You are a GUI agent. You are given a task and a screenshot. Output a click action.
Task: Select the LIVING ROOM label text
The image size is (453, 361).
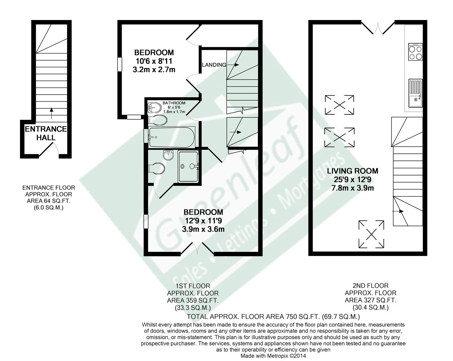(352, 171)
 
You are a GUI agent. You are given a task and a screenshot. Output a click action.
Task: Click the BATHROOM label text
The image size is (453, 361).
(174, 103)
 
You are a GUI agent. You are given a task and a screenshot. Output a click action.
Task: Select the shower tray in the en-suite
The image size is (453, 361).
(188, 166)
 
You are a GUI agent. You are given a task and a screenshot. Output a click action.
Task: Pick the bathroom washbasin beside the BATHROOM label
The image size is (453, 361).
(154, 108)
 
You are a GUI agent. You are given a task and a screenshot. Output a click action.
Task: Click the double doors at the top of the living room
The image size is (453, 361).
(378, 28)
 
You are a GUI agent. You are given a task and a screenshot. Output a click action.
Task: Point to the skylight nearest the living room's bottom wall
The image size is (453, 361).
(371, 234)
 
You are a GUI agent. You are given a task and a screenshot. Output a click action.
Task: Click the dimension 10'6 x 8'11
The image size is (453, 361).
(154, 61)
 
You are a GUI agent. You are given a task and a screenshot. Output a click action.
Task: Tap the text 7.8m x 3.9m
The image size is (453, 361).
(352, 188)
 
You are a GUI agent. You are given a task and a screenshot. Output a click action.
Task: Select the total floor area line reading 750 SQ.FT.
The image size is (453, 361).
(273, 316)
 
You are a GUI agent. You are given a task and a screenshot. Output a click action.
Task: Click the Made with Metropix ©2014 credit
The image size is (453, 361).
(273, 356)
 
